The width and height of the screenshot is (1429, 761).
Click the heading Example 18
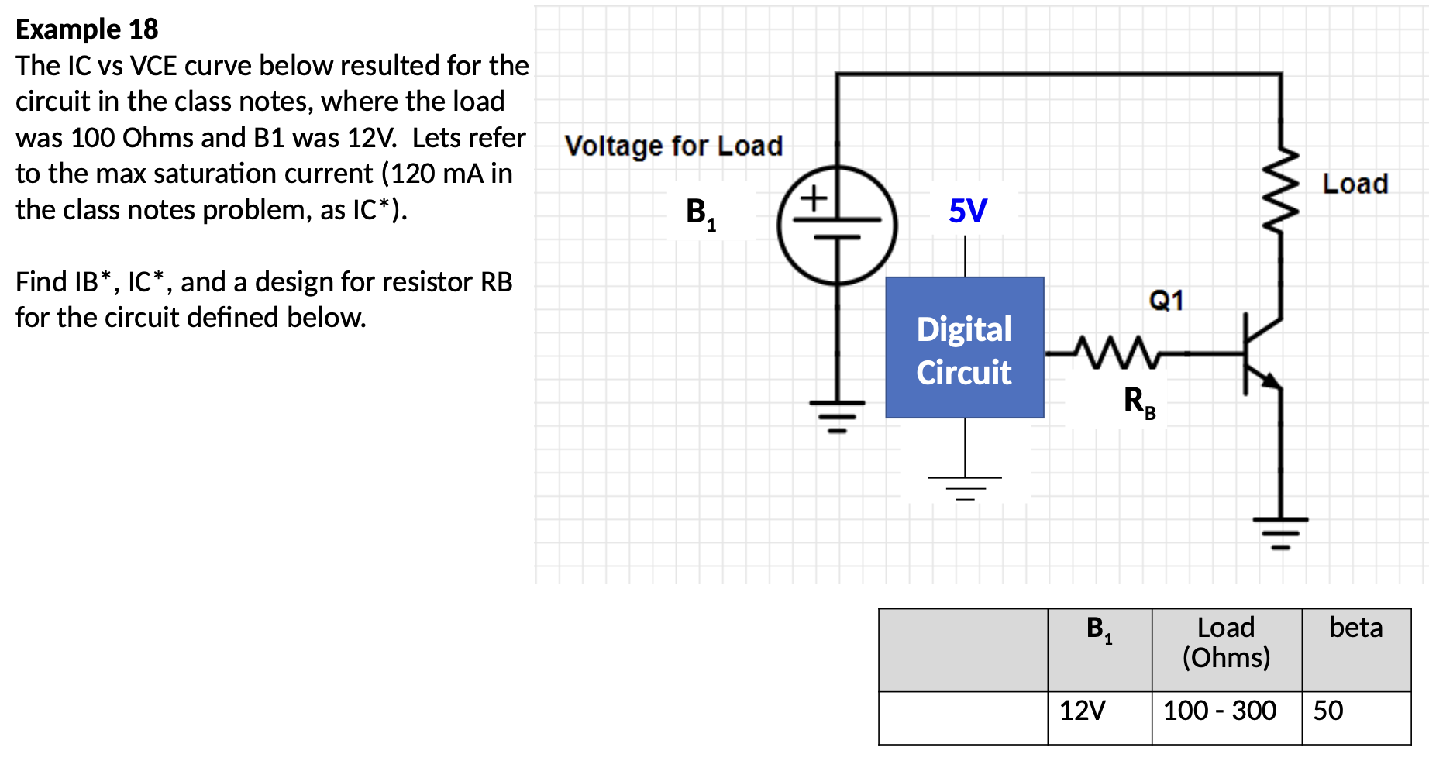coord(87,29)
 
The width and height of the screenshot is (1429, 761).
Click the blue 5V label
coord(967,211)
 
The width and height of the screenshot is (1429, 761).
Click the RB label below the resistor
coord(1138,402)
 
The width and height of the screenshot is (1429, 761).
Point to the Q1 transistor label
coord(1166,300)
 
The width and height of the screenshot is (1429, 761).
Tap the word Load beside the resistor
coord(1355,184)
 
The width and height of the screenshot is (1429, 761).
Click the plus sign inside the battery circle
coord(814,198)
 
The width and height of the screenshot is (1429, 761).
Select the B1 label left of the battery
coord(701,212)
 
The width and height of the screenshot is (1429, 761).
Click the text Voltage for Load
coord(673,146)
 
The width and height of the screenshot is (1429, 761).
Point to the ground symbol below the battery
coord(837,415)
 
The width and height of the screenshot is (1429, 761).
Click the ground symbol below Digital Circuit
coord(965,487)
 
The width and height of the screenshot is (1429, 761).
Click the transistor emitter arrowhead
coord(1270,380)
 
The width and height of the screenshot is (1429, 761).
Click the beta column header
coord(1355,628)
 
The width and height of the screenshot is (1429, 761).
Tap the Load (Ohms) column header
coord(1226,642)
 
